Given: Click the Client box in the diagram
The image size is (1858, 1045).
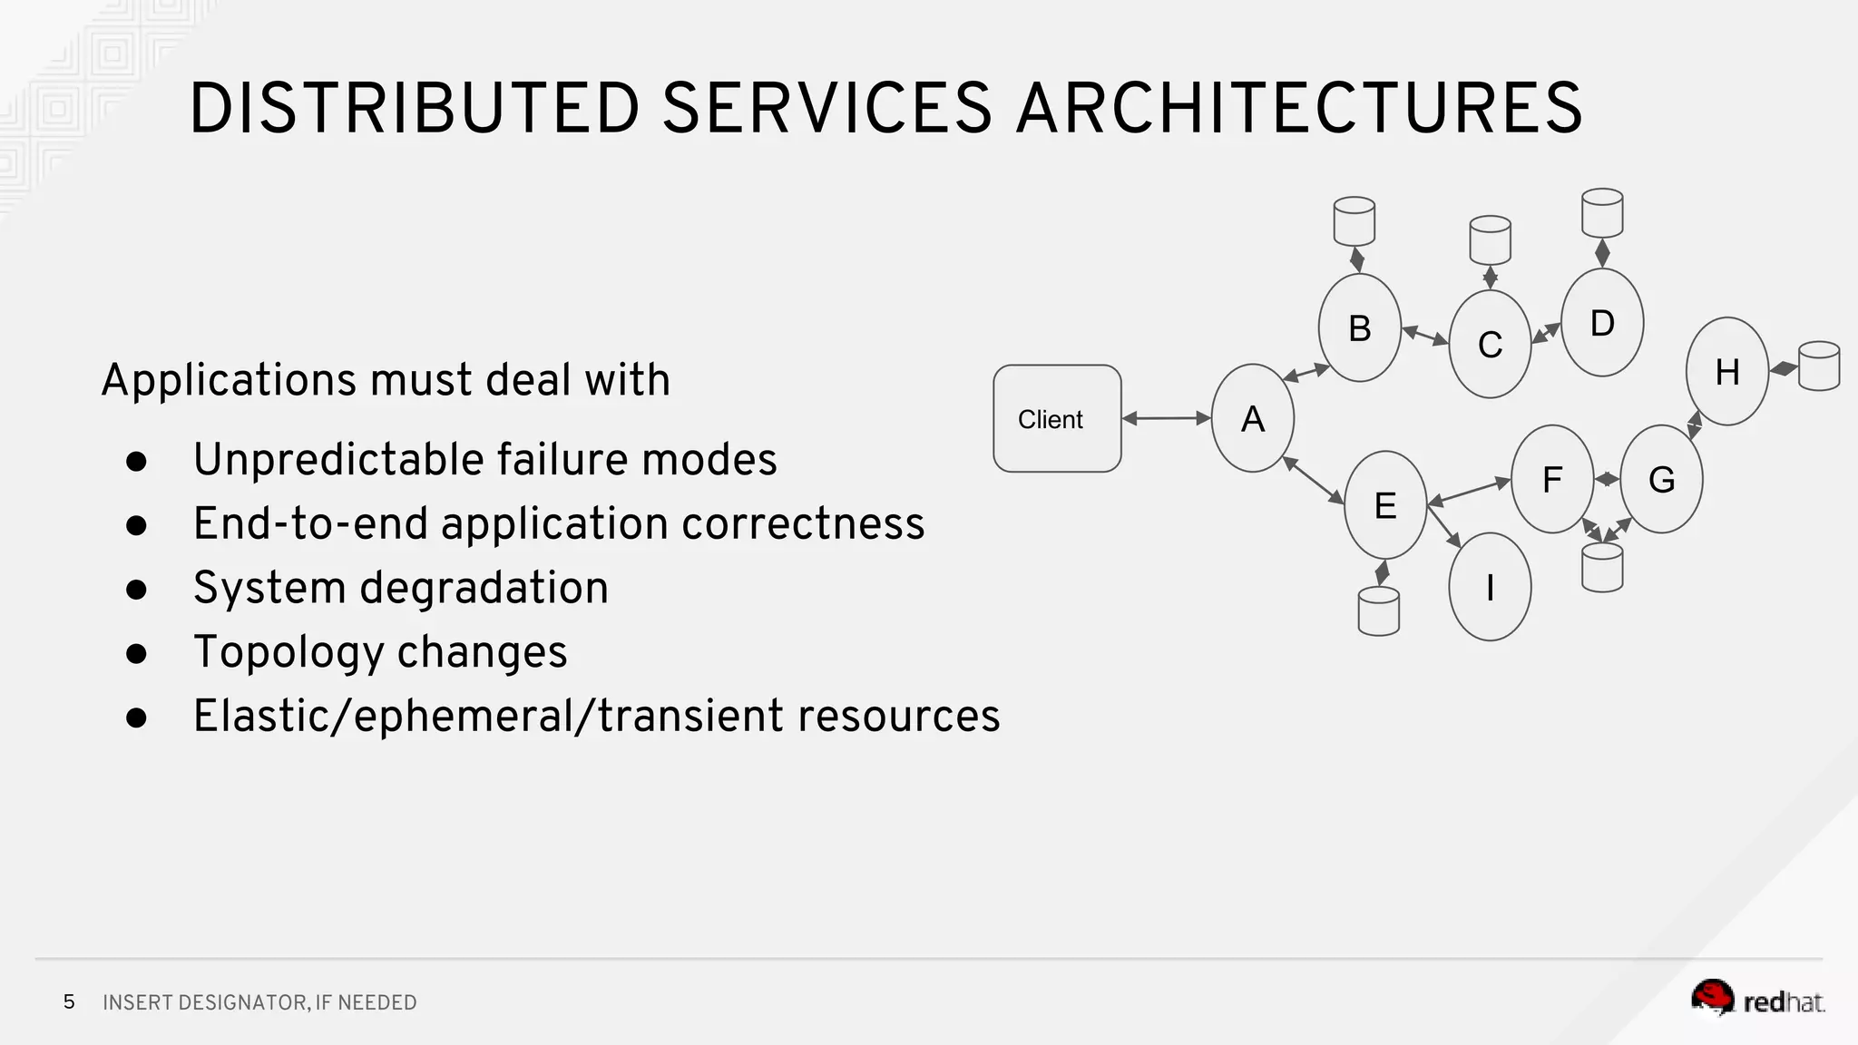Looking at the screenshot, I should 1057,418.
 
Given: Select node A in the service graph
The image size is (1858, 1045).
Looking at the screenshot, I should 1252,418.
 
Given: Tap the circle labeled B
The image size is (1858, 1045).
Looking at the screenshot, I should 1359,327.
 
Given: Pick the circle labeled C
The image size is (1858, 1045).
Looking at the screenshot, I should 1490,344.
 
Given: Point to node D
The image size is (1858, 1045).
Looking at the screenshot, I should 1602,322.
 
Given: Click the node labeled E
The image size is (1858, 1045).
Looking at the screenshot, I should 1384,505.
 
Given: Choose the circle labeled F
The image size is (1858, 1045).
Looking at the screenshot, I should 1551,479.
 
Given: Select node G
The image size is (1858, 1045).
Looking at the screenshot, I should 1661,479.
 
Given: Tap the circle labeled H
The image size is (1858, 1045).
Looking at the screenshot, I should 1726,371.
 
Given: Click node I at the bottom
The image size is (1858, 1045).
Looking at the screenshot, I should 1490,587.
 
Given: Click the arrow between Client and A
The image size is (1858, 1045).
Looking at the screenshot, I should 1167,418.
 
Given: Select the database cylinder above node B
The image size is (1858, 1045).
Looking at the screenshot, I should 1354,221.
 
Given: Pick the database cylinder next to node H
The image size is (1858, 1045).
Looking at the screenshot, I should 1818,366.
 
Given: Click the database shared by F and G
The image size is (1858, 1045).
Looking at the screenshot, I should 1601,568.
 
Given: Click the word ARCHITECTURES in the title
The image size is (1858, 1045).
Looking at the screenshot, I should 1299,109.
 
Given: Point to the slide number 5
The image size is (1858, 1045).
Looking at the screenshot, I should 69,1001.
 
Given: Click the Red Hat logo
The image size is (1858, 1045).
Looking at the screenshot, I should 1757,1000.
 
